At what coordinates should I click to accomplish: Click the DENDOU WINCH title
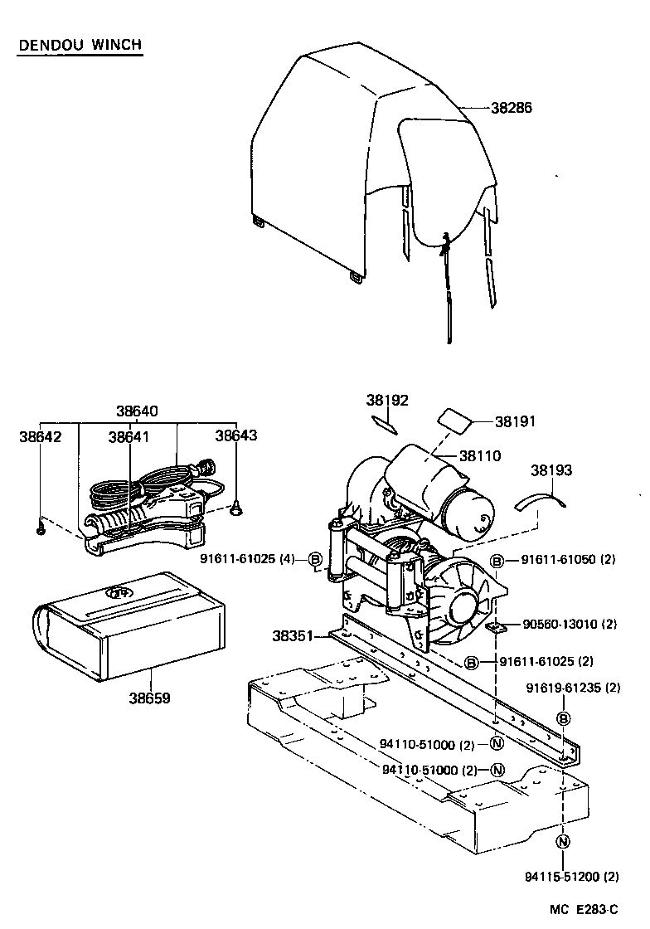tap(80, 45)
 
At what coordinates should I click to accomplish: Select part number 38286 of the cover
tap(511, 108)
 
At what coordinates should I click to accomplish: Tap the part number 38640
tap(138, 411)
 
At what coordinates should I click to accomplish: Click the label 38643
tap(235, 435)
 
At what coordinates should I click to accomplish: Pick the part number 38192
tap(387, 400)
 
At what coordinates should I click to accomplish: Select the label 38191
tap(516, 421)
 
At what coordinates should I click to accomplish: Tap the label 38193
tap(551, 470)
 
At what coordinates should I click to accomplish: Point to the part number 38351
tap(293, 636)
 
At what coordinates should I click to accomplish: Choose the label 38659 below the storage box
tap(149, 698)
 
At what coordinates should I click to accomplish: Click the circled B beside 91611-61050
tap(497, 562)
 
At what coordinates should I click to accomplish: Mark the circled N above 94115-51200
tap(563, 842)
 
